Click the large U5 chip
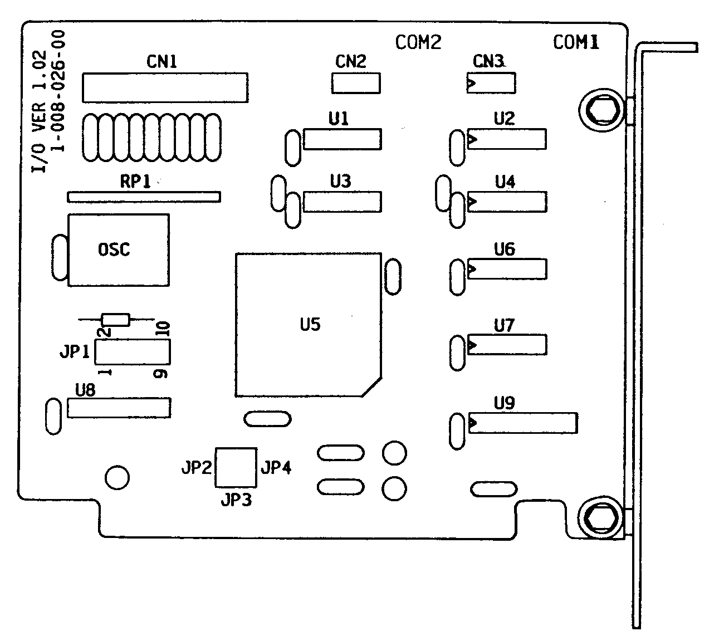pos(309,325)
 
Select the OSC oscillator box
pos(118,250)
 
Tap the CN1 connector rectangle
pos(165,87)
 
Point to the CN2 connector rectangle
pos(356,83)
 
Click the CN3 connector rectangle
pos(491,84)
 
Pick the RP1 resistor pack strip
pos(144,197)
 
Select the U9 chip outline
pos(522,423)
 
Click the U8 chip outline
pos(119,408)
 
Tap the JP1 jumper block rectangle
pos(133,352)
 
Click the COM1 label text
pos(576,42)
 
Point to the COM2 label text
pos(418,42)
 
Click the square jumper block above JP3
pos(236,467)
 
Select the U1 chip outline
pos(343,139)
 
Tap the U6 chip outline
pos(507,269)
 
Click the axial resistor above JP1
pos(116,320)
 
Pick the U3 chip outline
pos(343,202)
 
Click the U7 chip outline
pos(507,345)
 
